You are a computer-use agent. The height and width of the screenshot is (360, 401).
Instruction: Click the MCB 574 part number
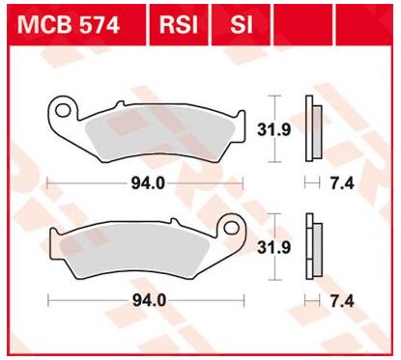point(69,25)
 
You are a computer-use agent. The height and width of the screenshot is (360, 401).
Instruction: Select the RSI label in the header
point(179,25)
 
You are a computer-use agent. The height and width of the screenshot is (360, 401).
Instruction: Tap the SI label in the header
point(241,25)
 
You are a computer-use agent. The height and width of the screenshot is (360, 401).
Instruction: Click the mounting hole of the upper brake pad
point(63,110)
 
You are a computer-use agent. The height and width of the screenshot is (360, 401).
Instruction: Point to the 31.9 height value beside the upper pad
point(273,129)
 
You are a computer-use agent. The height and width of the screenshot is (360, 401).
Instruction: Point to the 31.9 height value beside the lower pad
point(273,247)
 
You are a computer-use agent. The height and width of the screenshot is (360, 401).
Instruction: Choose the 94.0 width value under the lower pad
point(149,301)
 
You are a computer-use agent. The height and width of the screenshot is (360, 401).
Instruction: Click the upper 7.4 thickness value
point(342,183)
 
